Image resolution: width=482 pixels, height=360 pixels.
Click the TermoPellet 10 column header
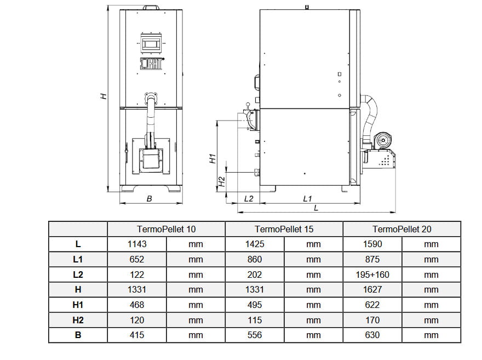point(166,229)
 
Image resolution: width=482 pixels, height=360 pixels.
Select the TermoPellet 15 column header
point(284,229)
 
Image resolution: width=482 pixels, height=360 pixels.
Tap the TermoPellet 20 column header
point(402,229)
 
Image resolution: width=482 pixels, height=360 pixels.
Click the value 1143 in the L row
point(136,244)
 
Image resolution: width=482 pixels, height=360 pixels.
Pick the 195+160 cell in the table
point(372,275)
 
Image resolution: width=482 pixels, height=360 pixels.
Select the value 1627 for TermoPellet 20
point(372,289)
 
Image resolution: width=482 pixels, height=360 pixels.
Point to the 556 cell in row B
point(255,335)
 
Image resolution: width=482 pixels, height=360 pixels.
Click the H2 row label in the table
point(78,320)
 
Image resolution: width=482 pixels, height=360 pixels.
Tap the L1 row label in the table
point(78,260)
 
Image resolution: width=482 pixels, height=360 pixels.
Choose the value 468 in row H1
point(136,305)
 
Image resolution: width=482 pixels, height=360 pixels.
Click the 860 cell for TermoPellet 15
point(255,260)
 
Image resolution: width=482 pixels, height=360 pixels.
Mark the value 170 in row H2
point(372,320)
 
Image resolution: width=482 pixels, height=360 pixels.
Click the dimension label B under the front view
point(150,199)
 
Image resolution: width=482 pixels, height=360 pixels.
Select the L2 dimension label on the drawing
point(249,198)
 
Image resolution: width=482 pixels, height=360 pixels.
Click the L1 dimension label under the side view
point(307,198)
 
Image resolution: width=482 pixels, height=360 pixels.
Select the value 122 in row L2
point(136,275)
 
